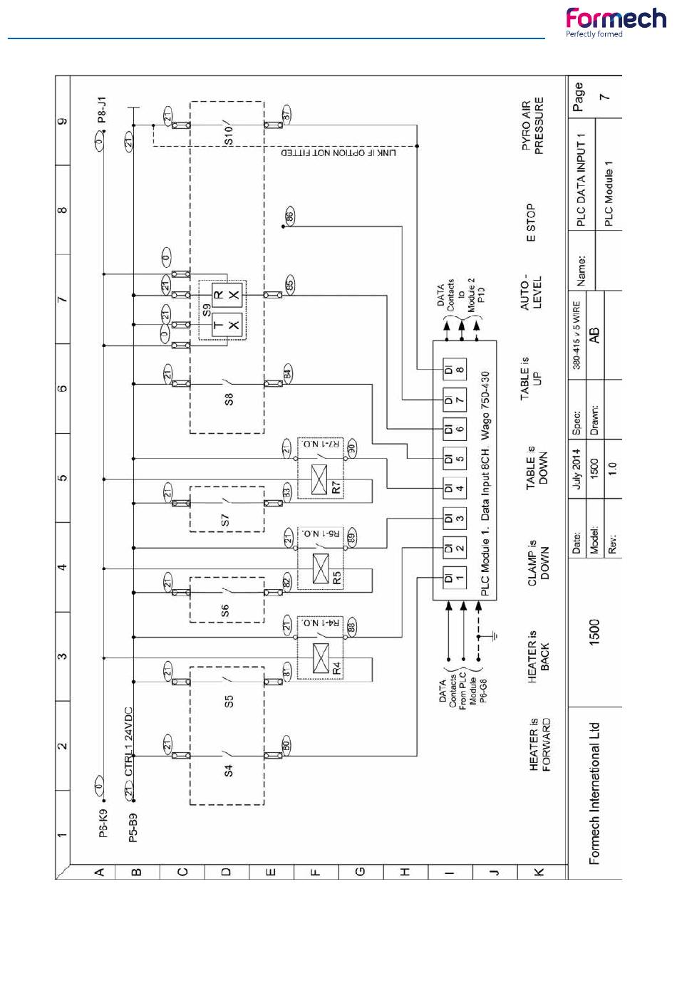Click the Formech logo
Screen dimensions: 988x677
point(615,22)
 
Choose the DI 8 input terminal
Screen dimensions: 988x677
point(454,370)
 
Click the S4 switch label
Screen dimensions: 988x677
point(229,770)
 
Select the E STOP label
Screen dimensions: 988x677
point(531,223)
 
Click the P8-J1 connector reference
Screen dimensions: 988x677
point(103,110)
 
